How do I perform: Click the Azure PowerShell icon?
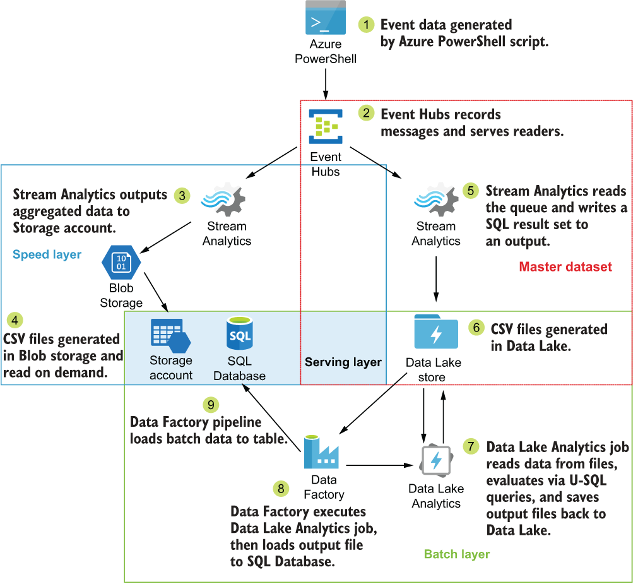click(x=326, y=18)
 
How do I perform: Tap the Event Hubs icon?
click(x=326, y=126)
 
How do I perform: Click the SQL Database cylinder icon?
click(x=240, y=333)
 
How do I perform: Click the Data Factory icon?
click(x=321, y=452)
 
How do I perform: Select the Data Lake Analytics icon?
click(x=435, y=462)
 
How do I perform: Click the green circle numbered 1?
click(x=367, y=25)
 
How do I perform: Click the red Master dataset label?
click(x=565, y=266)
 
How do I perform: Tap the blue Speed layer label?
click(x=47, y=254)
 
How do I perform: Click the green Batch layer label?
click(x=456, y=554)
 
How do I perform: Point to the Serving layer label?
click(x=343, y=362)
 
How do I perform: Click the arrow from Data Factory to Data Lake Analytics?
click(x=376, y=466)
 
